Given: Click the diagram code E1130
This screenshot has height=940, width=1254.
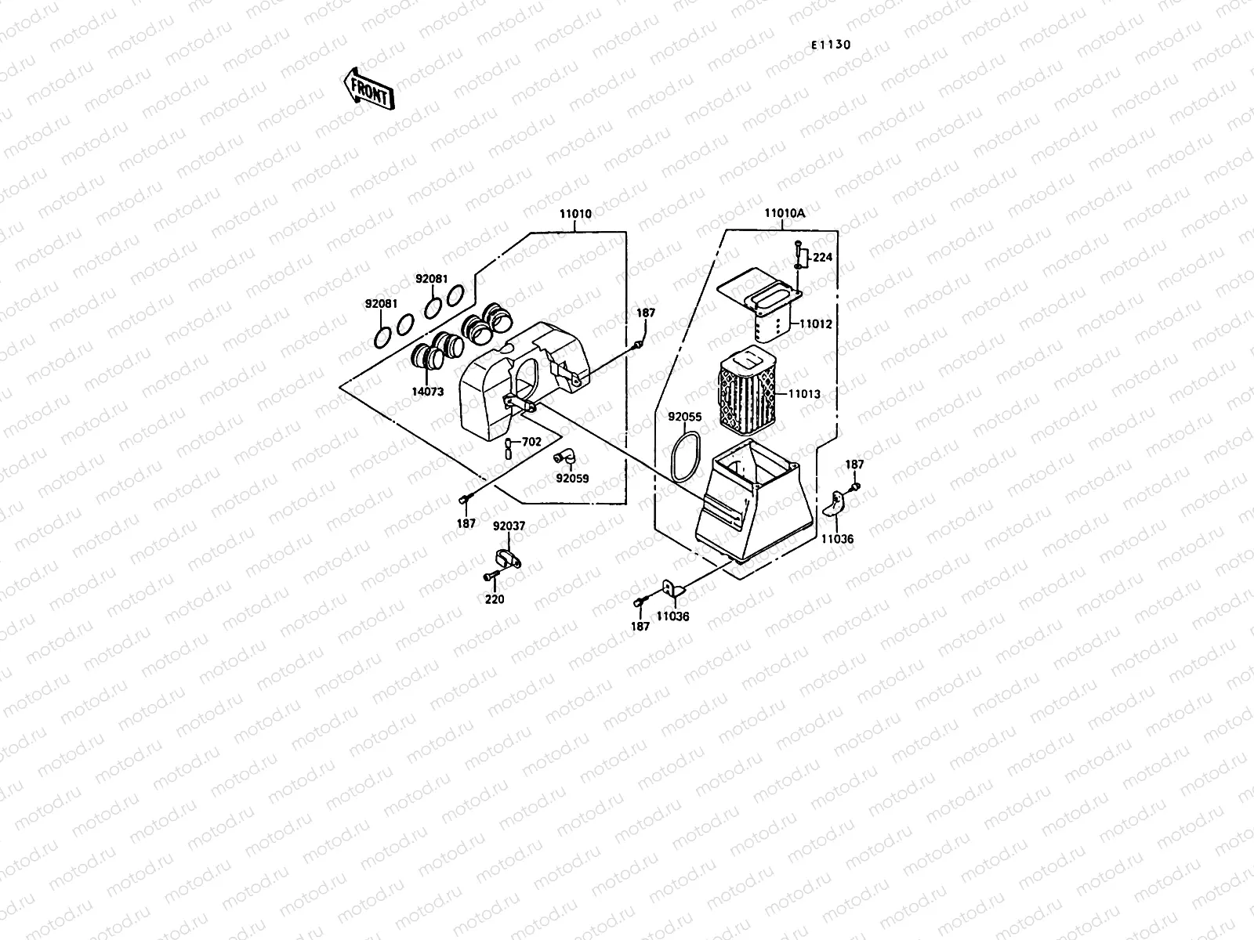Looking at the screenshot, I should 830,45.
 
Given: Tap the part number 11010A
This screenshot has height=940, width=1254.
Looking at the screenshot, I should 785,213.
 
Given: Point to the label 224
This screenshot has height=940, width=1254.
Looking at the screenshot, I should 822,258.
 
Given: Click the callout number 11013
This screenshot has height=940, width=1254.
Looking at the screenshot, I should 804,394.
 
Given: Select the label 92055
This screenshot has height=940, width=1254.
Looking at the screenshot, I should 684,418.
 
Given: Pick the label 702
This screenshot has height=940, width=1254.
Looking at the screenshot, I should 531,442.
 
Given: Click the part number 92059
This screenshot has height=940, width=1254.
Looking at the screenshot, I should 572,478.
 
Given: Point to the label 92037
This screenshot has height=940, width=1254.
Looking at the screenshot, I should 509,526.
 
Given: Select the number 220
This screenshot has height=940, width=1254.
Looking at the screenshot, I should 495,599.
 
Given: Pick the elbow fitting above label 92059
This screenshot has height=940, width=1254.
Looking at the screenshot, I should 565,457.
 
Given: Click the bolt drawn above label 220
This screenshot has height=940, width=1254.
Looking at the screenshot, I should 491,577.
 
